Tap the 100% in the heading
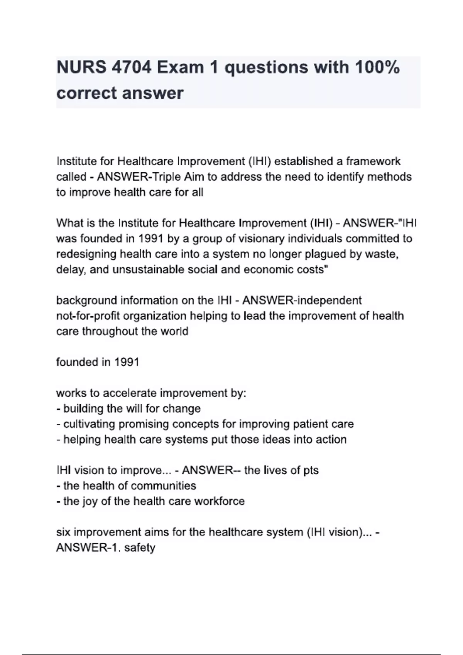[x=377, y=68]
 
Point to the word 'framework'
[x=373, y=161]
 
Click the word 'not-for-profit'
[x=88, y=316]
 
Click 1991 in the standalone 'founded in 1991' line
[x=126, y=362]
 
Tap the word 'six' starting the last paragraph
[x=63, y=532]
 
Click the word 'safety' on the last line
[x=139, y=548]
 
